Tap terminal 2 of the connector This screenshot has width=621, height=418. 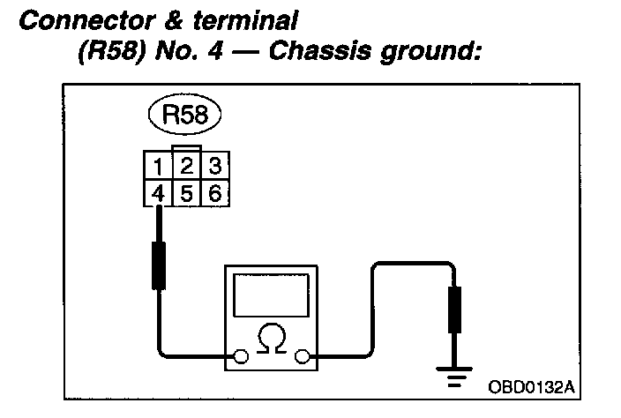coord(187,166)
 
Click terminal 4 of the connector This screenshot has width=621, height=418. coord(155,191)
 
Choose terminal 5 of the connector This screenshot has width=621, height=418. coord(187,191)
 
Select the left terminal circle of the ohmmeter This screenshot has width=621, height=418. coord(239,357)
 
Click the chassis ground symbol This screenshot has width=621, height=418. coord(455,377)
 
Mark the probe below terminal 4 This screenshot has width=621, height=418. coord(159,261)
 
